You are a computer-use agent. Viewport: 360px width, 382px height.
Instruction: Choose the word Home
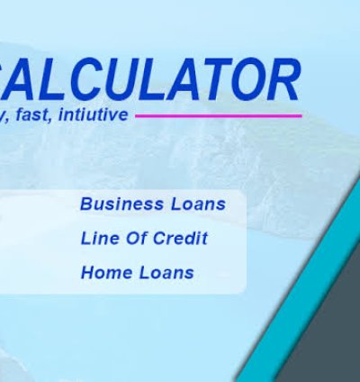(x=103, y=272)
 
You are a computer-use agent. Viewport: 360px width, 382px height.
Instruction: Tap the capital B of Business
(x=86, y=204)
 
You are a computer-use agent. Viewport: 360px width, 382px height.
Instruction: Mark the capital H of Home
(x=87, y=272)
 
